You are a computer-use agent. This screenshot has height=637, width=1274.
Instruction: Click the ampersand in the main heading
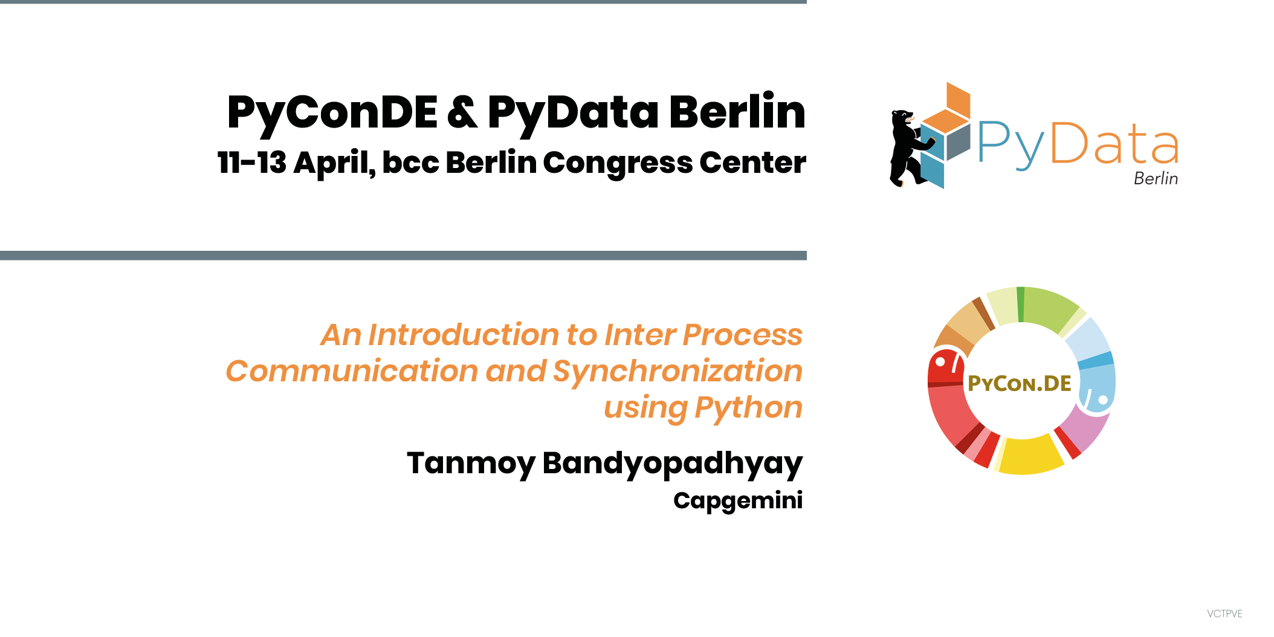click(463, 112)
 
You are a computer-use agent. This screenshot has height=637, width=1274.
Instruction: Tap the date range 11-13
click(252, 163)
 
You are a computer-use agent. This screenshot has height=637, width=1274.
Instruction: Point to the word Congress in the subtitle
click(617, 164)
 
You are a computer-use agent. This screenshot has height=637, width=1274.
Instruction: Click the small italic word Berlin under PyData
click(1156, 178)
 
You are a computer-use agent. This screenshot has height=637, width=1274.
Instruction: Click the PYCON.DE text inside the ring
click(1019, 383)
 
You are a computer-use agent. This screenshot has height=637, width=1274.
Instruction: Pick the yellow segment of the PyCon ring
click(1030, 454)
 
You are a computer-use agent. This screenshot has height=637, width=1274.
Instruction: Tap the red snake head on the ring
click(946, 367)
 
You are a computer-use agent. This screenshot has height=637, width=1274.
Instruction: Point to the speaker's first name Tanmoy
click(471, 464)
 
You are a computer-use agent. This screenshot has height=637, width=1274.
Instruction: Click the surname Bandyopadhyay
click(673, 464)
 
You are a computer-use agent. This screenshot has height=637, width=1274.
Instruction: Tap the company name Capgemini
click(738, 501)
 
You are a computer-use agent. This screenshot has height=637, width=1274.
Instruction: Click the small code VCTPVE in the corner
click(1224, 613)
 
